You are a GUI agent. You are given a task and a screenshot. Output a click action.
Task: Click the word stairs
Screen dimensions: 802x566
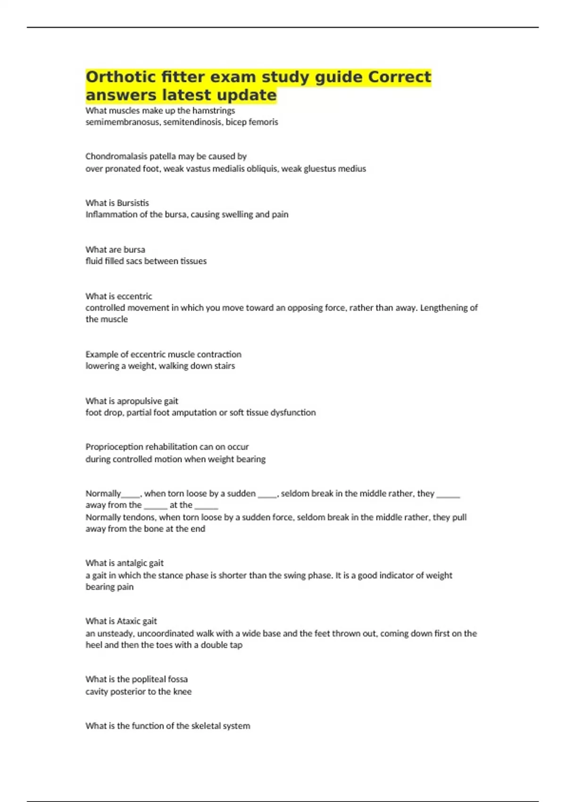[x=225, y=366]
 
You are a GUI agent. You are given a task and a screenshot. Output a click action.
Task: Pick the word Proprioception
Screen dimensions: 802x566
[x=114, y=447]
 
